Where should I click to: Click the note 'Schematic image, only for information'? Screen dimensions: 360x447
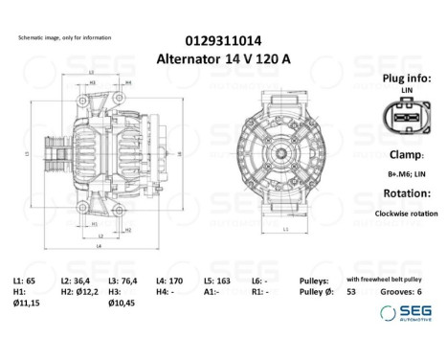[x=60, y=38]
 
